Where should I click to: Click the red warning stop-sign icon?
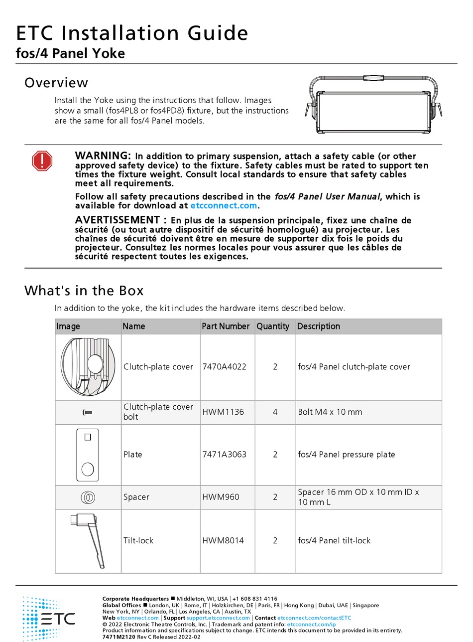42,161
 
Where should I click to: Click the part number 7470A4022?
224,367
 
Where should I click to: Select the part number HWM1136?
221,412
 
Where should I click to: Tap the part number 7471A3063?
224,455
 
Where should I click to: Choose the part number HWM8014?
223,541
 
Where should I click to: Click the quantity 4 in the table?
275,412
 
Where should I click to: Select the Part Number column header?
226,326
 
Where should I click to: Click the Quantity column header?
273,326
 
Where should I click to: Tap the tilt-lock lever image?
90,540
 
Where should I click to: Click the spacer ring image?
88,497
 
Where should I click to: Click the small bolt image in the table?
87,412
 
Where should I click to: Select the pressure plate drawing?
88,455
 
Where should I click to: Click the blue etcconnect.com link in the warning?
224,205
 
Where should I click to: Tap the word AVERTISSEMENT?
117,220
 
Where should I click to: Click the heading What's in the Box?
84,291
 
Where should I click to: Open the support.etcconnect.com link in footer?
218,618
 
